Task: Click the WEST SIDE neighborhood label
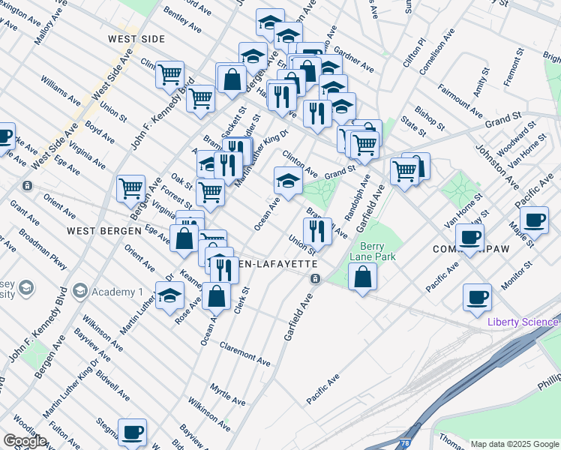tap(136, 39)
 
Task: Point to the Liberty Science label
tap(523, 322)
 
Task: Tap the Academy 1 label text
tap(118, 292)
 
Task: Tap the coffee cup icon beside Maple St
tap(534, 220)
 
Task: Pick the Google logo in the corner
tap(25, 441)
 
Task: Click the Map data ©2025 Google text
tap(514, 444)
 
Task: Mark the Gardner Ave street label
tap(355, 61)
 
